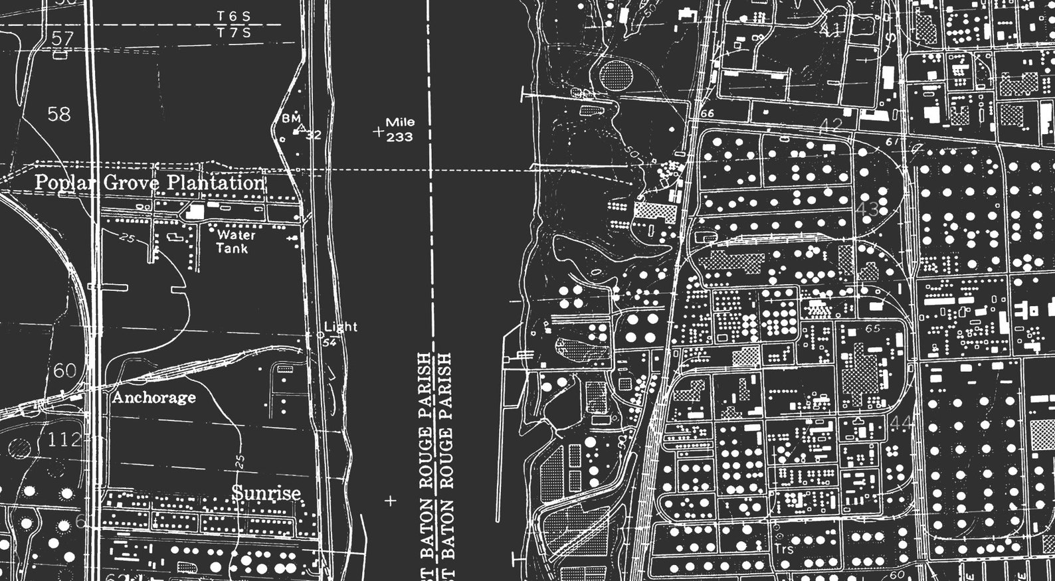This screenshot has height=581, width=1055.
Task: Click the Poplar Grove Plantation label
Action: click(149, 183)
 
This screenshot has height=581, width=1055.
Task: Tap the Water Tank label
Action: click(234, 242)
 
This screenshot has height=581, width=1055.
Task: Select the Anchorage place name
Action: click(153, 398)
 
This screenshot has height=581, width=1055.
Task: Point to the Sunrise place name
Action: click(266, 493)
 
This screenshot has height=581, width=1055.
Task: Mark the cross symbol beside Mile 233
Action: click(379, 131)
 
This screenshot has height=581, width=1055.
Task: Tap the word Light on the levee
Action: click(341, 327)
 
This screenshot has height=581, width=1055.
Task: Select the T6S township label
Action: click(234, 15)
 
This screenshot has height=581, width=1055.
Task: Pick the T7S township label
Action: click(234, 33)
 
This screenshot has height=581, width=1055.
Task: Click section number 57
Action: click(62, 39)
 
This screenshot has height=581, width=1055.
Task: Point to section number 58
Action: click(58, 114)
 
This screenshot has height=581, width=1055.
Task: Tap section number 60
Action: click(64, 371)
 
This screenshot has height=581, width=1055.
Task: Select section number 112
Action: click(64, 439)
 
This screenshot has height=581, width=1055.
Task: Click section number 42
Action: click(830, 124)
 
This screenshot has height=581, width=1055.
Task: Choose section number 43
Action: click(868, 209)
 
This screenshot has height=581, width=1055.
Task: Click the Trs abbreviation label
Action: click(785, 549)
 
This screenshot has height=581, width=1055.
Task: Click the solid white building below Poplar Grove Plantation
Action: click(195, 212)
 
